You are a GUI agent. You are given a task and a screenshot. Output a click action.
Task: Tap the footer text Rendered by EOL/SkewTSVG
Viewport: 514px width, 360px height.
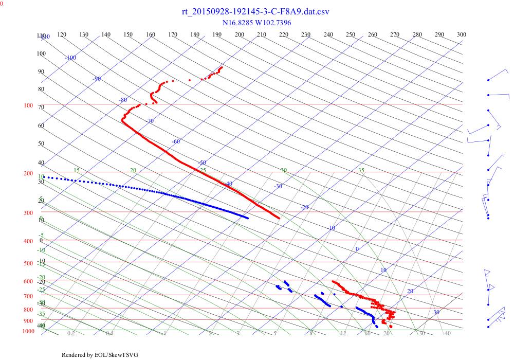100,355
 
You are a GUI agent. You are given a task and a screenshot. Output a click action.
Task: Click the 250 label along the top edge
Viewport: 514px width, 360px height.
351,34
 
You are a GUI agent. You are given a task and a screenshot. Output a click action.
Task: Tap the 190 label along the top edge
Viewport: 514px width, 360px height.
217,34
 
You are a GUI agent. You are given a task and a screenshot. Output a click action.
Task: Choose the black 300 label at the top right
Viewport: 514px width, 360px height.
462,34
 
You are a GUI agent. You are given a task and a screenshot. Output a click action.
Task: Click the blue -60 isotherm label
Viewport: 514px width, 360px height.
176,141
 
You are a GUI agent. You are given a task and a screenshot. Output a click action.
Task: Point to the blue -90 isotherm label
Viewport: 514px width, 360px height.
97,79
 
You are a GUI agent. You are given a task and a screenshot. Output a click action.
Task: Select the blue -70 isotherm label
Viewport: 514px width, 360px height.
150,121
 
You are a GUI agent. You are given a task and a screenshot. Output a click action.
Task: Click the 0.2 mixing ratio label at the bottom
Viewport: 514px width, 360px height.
71,334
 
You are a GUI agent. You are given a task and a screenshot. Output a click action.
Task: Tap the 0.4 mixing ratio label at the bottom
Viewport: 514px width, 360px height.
109,334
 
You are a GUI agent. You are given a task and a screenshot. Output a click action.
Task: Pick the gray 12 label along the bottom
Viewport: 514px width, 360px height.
343,334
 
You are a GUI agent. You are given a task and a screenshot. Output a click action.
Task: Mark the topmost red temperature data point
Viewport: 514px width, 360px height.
222,67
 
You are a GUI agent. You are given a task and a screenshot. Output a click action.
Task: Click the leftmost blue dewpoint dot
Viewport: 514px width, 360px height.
44,177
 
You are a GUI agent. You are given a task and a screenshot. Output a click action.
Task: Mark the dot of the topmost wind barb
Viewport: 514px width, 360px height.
488,80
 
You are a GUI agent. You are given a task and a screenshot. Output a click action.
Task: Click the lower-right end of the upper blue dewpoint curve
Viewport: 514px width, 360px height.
248,218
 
